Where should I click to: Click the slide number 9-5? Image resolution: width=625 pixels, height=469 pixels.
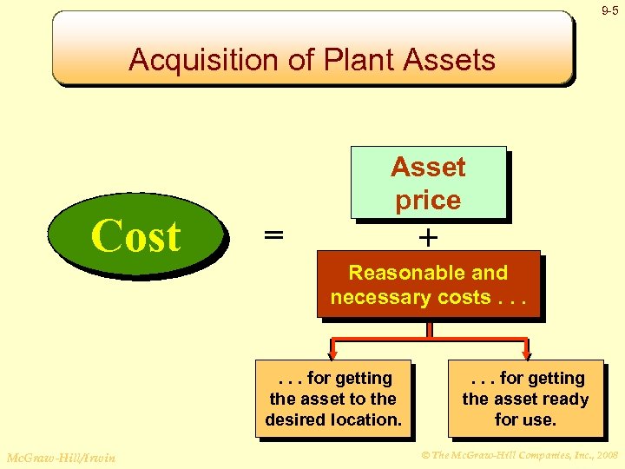click(x=611, y=11)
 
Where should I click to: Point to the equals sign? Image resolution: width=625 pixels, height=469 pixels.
click(x=273, y=236)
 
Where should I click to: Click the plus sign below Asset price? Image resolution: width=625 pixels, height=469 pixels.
click(x=428, y=236)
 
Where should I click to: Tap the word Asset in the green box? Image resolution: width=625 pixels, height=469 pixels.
click(x=428, y=167)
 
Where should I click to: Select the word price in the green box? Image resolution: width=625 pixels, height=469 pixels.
click(x=428, y=200)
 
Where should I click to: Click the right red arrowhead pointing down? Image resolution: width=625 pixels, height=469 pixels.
click(x=526, y=352)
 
